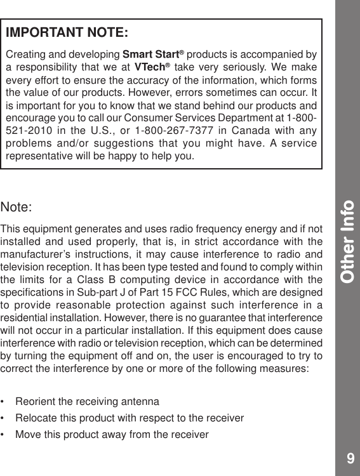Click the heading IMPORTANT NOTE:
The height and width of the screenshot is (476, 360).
tap(67, 32)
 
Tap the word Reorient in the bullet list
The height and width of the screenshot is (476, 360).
tap(34, 402)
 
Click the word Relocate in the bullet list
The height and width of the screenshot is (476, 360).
tap(34, 418)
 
